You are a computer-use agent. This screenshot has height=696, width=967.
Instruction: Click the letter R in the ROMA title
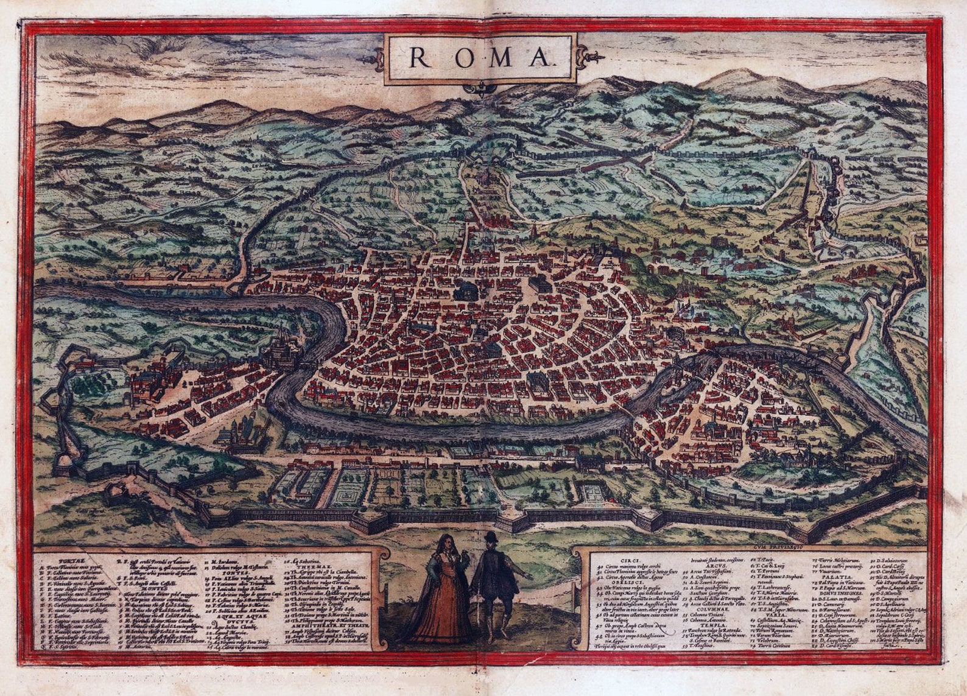tap(418, 57)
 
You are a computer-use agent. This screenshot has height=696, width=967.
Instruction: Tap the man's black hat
tap(491, 537)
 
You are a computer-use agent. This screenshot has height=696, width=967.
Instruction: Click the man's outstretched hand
tap(529, 576)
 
